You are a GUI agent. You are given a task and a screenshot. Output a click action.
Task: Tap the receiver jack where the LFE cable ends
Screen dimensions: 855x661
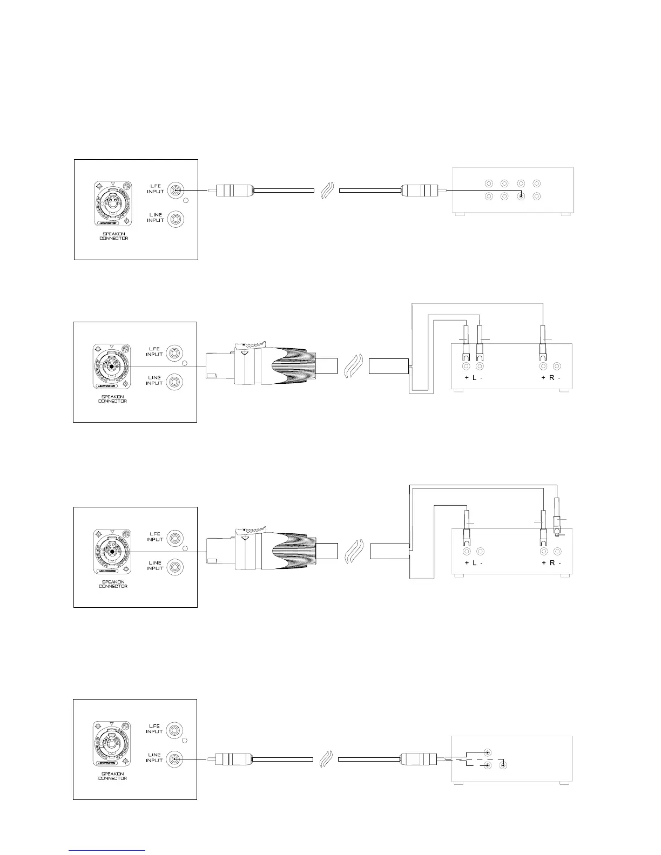[x=521, y=196]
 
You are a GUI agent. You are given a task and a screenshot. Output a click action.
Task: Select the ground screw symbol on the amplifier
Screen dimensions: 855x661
[x=557, y=535]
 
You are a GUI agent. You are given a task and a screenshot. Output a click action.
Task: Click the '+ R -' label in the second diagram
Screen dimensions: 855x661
[x=550, y=378]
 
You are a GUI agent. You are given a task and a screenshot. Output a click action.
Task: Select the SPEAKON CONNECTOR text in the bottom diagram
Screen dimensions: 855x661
[x=113, y=776]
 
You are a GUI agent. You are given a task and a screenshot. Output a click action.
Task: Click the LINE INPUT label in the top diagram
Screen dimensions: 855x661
[x=156, y=218]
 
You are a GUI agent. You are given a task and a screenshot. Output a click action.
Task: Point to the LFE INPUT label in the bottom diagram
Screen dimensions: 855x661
[x=154, y=729]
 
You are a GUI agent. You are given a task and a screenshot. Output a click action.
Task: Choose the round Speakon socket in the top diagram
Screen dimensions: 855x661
[x=110, y=202]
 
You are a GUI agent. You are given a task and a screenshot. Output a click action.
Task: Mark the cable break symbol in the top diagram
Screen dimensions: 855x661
[x=327, y=190]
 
